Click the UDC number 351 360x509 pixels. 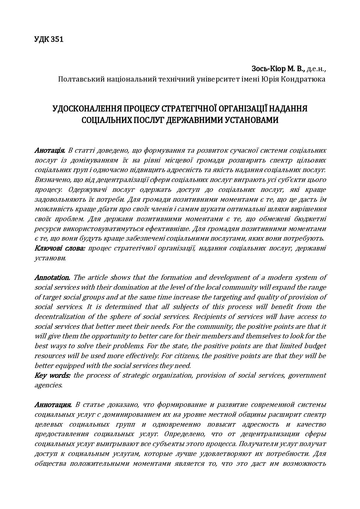pyautogui.click(x=57, y=39)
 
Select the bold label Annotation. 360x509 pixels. pyautogui.click(x=52, y=277)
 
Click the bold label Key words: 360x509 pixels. pyautogui.click(x=52, y=375)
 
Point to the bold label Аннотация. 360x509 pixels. pyautogui.click(x=53, y=405)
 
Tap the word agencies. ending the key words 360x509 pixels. pyautogui.click(x=48, y=385)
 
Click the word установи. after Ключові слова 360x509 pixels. pyautogui.click(x=50, y=258)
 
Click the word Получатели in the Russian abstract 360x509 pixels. pyautogui.click(x=263, y=444)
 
